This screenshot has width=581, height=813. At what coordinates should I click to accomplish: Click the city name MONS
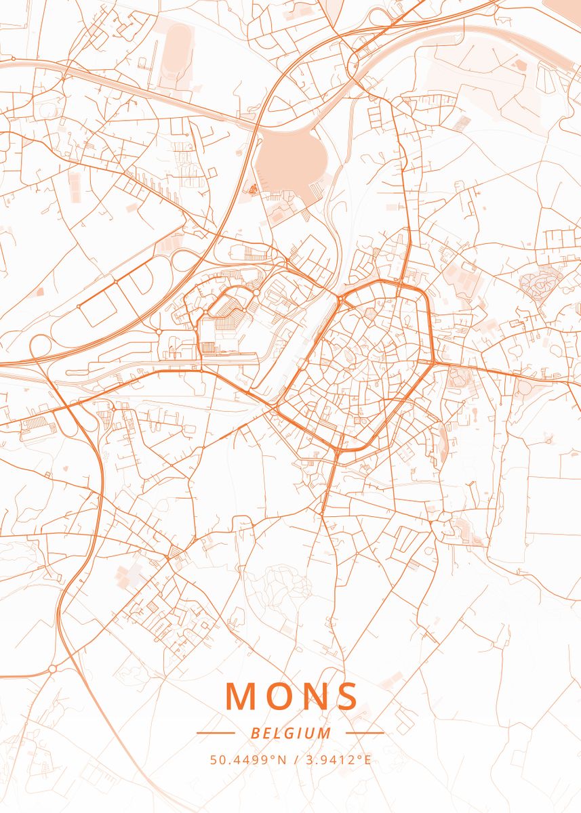click(x=292, y=696)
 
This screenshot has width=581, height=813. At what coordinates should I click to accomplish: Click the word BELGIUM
click(x=291, y=733)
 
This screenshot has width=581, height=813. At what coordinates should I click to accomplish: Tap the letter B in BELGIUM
click(x=254, y=733)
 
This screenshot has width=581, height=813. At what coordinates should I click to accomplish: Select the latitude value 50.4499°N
click(x=247, y=759)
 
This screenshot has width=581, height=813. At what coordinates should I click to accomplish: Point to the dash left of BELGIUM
click(x=216, y=733)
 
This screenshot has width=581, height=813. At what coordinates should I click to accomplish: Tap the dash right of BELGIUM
click(x=365, y=733)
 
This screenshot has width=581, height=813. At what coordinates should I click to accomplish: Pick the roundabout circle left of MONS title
click(x=52, y=669)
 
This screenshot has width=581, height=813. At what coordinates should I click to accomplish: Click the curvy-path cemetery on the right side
click(x=540, y=283)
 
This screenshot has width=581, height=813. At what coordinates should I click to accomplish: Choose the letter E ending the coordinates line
click(x=367, y=759)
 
